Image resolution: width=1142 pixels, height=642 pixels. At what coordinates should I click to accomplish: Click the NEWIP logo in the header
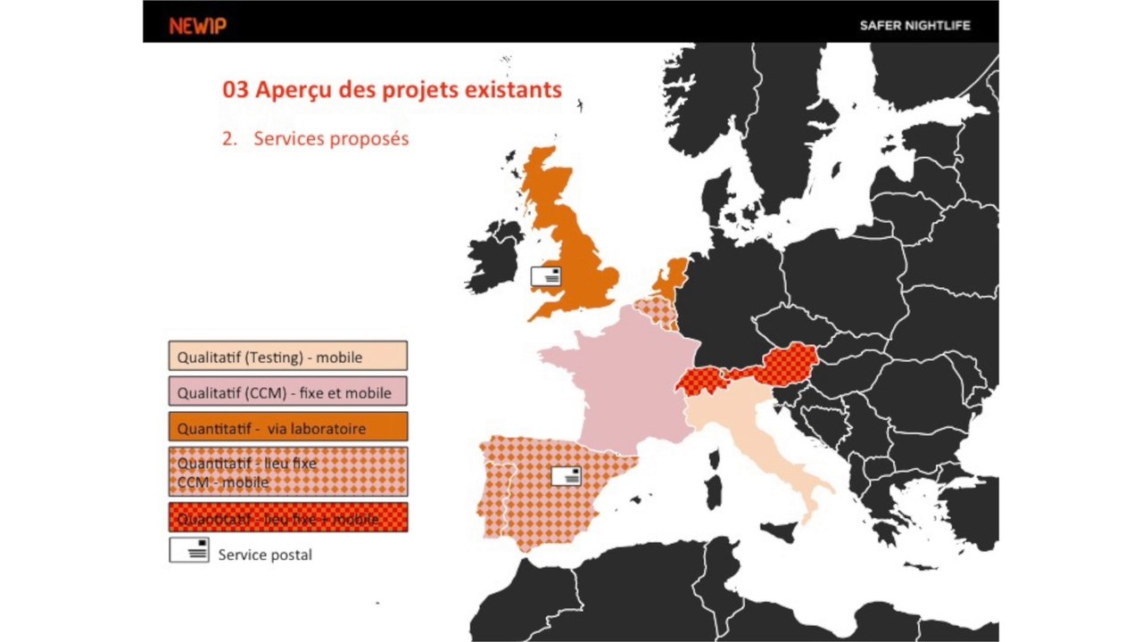[197, 26]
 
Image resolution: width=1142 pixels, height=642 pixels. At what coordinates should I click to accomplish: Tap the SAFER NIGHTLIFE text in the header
[914, 26]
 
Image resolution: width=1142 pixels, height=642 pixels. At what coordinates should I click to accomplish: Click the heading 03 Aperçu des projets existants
[392, 90]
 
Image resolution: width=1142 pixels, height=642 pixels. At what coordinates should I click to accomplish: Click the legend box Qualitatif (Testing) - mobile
[287, 356]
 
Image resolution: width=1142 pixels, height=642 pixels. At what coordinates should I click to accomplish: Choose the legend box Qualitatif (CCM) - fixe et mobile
[287, 391]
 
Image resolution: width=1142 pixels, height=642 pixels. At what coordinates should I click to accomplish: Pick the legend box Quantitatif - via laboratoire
[287, 427]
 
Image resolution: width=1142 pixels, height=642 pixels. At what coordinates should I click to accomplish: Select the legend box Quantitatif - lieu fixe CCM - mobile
[287, 472]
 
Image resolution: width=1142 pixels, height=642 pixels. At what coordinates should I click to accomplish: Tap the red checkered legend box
[287, 517]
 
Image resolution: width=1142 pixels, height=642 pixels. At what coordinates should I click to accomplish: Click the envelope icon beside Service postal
[189, 550]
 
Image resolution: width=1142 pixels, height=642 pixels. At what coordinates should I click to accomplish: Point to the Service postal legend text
[265, 555]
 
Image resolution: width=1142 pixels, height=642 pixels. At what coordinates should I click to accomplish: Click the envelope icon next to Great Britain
[546, 276]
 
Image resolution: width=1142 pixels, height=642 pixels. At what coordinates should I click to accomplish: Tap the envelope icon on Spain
[566, 476]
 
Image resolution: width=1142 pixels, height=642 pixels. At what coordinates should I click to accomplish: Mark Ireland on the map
[493, 259]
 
